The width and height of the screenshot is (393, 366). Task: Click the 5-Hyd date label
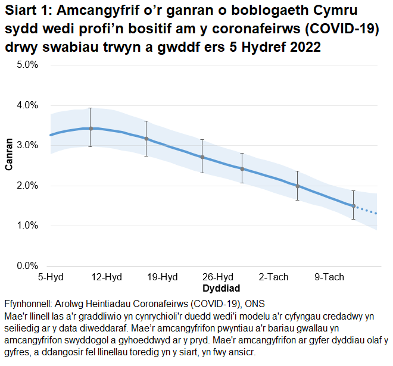click(51, 277)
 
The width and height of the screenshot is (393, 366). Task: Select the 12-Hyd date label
click(107, 277)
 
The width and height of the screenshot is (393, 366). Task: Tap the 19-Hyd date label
click(163, 277)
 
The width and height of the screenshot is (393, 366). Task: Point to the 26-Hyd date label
click(218, 277)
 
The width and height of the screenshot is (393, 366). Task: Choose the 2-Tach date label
click(273, 277)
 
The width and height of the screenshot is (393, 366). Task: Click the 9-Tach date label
click(329, 277)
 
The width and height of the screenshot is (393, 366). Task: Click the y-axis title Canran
click(9, 155)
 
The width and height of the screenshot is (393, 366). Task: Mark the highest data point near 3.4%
click(91, 129)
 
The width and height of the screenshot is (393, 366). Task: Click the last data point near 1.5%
click(354, 206)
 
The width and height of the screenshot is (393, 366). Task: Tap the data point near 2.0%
click(298, 186)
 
